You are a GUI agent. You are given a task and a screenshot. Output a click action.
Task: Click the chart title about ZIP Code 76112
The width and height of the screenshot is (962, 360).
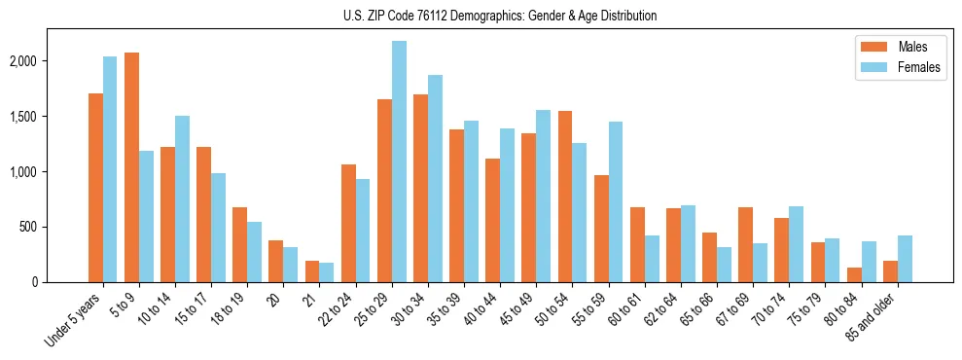(x=500, y=16)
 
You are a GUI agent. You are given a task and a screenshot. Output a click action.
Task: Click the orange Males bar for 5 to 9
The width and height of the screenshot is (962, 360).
(x=131, y=167)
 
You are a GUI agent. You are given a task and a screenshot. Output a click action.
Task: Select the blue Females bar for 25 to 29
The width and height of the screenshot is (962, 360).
(x=399, y=162)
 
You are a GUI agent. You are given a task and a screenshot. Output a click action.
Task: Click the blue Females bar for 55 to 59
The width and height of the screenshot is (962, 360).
(x=616, y=201)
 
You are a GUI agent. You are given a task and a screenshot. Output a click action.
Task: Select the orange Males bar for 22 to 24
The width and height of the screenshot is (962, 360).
(x=348, y=223)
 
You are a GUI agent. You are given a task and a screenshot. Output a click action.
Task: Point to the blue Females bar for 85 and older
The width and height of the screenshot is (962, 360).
(x=905, y=259)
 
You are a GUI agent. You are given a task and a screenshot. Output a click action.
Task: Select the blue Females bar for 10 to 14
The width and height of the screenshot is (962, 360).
(x=182, y=198)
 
